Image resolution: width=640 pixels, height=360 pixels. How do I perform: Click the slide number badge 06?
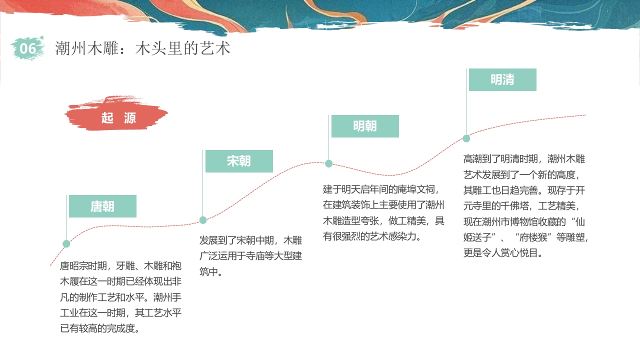[28, 48]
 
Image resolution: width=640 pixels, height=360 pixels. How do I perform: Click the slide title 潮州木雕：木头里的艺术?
[142, 48]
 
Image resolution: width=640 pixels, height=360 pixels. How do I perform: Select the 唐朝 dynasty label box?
[102, 206]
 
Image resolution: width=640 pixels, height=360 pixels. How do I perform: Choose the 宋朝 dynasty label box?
[239, 161]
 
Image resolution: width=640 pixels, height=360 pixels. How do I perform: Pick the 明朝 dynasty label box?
[365, 126]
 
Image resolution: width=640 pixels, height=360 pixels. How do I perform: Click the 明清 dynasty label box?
[502, 79]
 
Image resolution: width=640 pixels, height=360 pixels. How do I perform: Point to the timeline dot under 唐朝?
[66, 244]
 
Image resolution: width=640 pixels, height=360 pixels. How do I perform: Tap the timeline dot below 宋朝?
[203, 220]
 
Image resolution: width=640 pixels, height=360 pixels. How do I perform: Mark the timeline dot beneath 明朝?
[329, 163]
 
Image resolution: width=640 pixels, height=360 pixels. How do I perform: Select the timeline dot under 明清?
[466, 138]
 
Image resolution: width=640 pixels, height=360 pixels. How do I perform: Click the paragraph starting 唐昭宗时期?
[120, 297]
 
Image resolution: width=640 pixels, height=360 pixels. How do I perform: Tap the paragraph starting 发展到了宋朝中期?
[250, 256]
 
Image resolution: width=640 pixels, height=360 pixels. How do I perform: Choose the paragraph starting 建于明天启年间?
[383, 212]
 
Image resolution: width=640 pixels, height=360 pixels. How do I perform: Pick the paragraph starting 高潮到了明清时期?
[525, 205]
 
